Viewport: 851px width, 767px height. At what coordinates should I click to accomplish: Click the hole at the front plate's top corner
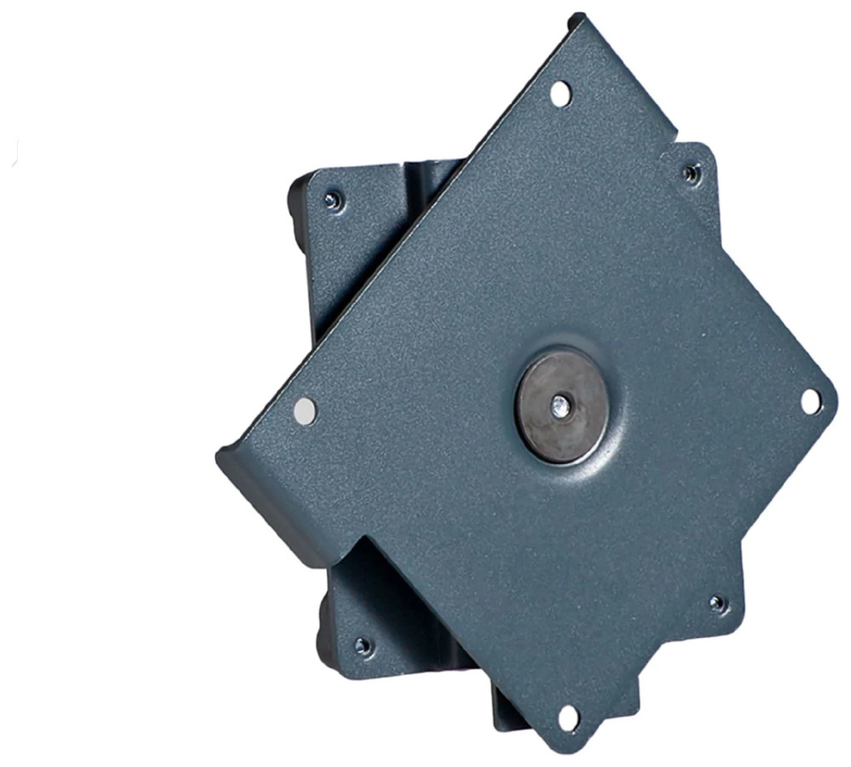pos(560,93)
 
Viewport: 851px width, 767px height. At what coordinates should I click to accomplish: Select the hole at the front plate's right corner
pos(810,400)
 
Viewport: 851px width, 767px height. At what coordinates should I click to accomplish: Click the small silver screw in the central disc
pos(558,405)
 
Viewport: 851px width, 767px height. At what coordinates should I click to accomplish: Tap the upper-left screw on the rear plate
pos(332,201)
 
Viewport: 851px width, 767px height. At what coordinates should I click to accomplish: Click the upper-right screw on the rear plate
pos(691,174)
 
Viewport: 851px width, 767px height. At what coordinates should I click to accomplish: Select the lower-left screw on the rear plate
pos(363,645)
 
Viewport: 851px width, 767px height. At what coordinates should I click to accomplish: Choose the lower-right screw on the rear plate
pos(718,604)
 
